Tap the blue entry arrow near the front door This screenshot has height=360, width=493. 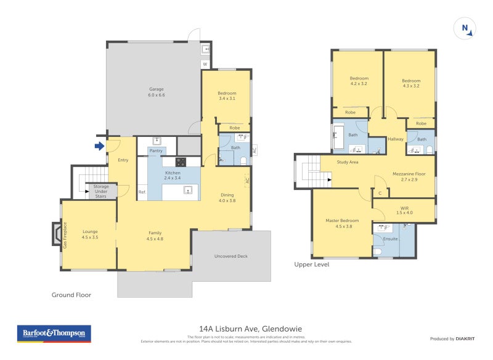[98, 146]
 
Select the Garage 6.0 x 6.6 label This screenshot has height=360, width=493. [156, 92]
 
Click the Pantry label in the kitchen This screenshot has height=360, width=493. [156, 150]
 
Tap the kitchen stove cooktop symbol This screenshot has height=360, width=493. [181, 162]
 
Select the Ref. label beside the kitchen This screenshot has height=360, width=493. [142, 192]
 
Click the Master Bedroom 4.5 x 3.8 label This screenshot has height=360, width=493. [342, 223]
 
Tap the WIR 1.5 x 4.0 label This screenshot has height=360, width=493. [405, 210]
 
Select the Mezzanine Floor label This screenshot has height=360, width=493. [409, 176]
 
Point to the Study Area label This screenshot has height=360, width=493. [348, 163]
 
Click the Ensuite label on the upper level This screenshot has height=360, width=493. [390, 239]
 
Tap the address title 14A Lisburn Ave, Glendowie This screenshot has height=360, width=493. [246, 329]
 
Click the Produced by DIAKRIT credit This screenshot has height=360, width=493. [455, 338]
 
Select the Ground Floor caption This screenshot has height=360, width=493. [71, 295]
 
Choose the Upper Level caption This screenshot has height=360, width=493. [312, 264]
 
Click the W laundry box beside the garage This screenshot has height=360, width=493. [205, 64]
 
